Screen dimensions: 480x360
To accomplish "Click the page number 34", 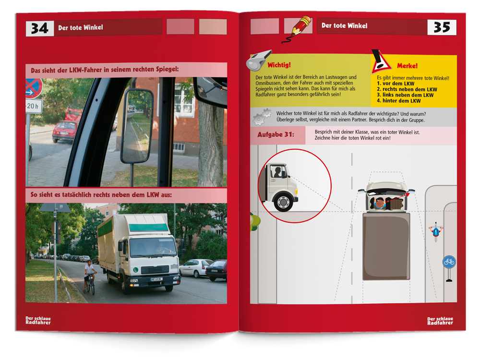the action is (x=40, y=28).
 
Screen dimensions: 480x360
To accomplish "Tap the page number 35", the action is (x=442, y=27).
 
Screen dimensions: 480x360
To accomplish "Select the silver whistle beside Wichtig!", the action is (x=259, y=60).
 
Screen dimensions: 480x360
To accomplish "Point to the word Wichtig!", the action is (x=279, y=65).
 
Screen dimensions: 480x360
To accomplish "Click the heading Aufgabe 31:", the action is (x=276, y=135).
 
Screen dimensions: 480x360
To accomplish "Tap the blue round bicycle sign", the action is (x=449, y=262).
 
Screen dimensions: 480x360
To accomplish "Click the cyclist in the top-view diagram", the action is (x=436, y=232).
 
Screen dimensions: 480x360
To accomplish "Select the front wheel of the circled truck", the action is (x=283, y=202).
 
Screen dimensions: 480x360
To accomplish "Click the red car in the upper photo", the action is (x=64, y=132).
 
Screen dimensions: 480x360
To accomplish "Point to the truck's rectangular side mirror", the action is (x=136, y=126).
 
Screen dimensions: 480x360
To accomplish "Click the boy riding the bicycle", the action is (x=89, y=276).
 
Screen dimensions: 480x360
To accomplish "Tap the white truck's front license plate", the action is (x=156, y=279).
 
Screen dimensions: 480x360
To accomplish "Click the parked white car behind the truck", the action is (x=195, y=268).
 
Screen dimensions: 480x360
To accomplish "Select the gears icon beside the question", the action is (x=262, y=117).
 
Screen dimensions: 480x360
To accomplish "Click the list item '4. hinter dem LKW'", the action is (x=398, y=101).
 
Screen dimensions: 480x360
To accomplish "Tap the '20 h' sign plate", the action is (x=34, y=106).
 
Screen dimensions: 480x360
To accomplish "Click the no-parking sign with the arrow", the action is (x=34, y=88).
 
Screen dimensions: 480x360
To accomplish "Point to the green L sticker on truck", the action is (x=135, y=270).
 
